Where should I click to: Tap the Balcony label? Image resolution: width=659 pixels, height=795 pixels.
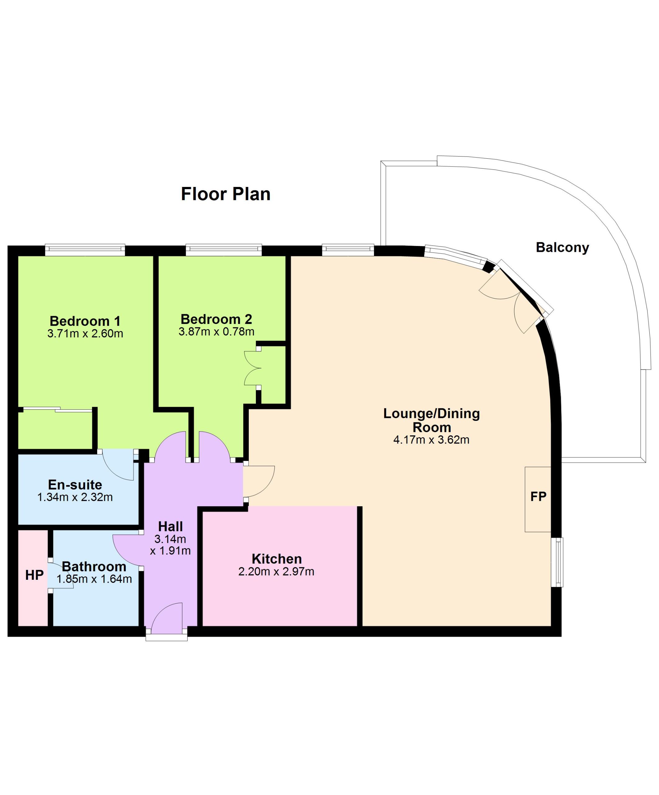coord(562,248)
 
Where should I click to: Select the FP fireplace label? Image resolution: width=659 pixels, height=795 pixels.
coord(538,496)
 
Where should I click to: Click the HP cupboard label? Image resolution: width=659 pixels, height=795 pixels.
coord(34,575)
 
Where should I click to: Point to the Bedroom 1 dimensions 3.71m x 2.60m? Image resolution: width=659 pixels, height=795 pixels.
coord(85,334)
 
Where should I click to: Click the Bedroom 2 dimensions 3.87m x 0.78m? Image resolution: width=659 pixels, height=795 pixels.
coord(216,332)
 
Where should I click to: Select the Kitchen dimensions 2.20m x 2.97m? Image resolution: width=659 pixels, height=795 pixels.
coord(276,572)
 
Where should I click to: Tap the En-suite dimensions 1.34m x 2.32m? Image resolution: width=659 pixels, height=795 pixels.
coord(75,497)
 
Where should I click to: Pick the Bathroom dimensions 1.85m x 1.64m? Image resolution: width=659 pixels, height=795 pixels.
coord(94,579)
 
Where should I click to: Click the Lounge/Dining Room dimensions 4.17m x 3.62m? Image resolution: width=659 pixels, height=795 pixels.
coord(431,440)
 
